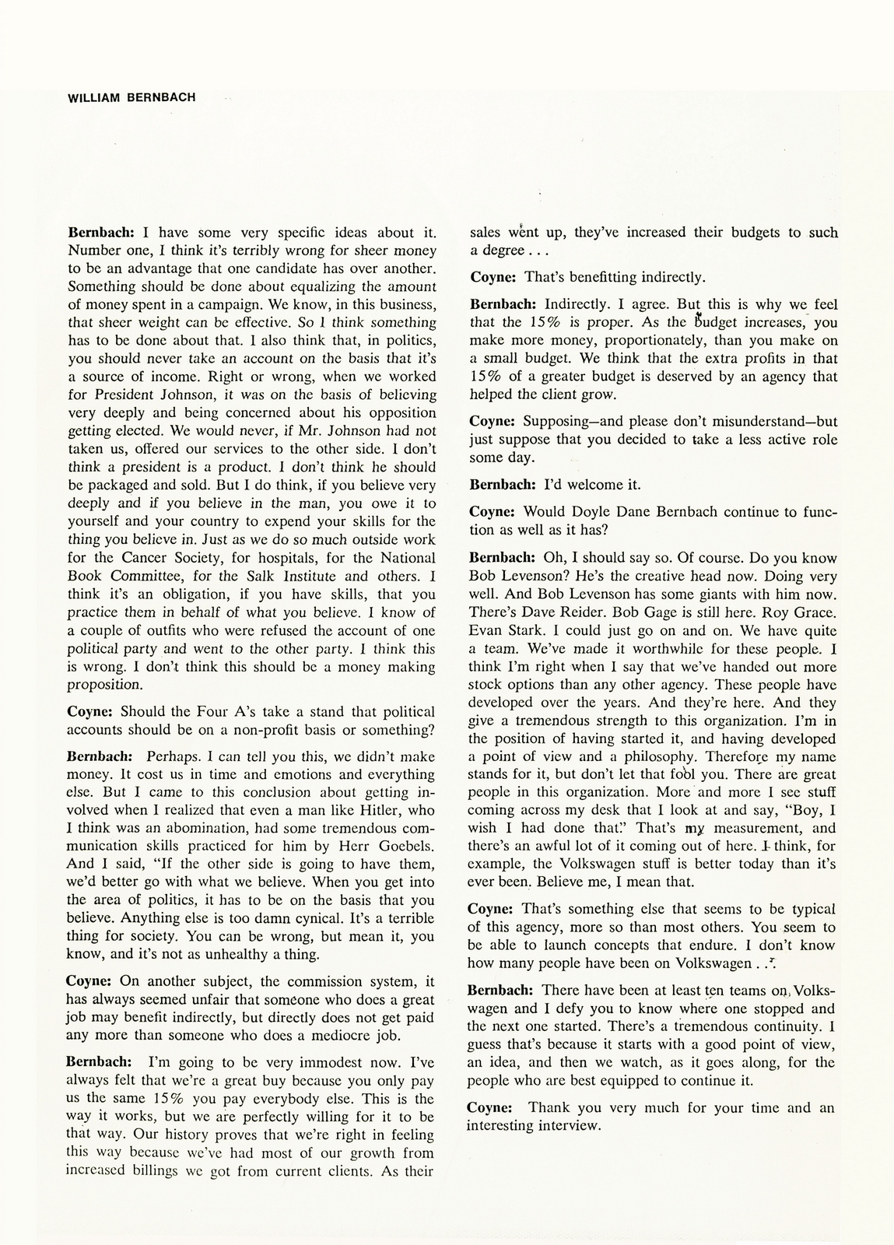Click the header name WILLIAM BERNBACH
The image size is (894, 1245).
point(131,97)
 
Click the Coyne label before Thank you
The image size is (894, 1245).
point(489,1107)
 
